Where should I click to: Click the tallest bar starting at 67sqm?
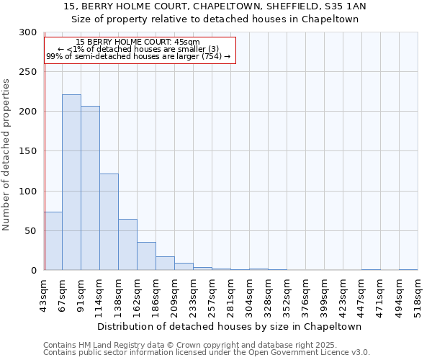[x=71, y=182]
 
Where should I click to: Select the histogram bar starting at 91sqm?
[x=90, y=188]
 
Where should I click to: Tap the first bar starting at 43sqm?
[x=53, y=241]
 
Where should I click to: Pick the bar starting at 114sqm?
[x=109, y=222]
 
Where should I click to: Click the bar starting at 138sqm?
[x=127, y=245]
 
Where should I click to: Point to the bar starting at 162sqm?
[x=146, y=256]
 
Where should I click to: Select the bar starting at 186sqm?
[x=165, y=264]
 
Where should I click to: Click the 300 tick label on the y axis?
[x=28, y=32]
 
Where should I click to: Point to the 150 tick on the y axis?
[x=28, y=151]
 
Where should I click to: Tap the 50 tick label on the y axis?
[x=31, y=231]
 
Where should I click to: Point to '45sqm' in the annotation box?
[x=187, y=42]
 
